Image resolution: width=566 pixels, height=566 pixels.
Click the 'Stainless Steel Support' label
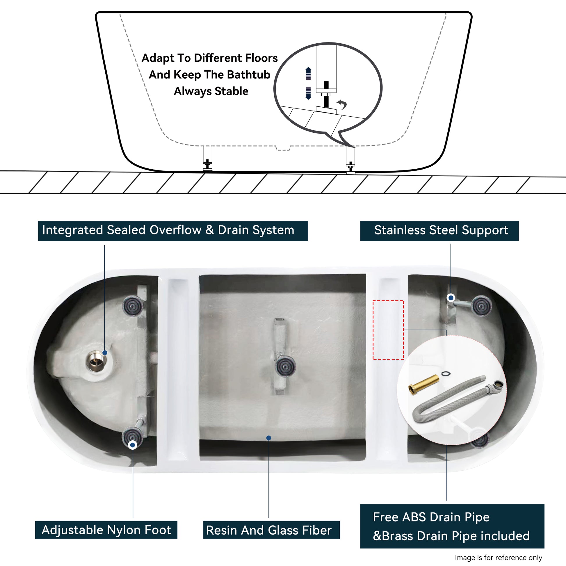[439, 231]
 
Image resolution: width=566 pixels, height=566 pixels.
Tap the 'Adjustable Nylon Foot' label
[106, 530]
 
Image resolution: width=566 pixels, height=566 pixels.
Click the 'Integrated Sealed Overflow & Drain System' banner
[173, 231]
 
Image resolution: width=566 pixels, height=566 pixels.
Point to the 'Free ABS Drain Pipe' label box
[452, 526]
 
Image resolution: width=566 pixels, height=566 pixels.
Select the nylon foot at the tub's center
[285, 366]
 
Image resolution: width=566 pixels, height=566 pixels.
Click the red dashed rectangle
[388, 330]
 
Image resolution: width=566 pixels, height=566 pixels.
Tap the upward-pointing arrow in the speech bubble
[308, 73]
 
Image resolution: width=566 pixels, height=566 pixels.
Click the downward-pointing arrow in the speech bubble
[308, 93]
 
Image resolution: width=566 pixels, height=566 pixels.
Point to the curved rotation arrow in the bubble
[342, 104]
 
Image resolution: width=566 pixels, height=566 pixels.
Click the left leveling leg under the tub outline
[207, 158]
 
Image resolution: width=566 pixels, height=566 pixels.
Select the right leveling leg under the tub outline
[350, 160]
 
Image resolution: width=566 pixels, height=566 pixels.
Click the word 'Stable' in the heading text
[232, 91]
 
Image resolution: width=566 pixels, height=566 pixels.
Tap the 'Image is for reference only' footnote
[498, 557]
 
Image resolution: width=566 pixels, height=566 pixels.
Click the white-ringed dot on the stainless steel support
[451, 298]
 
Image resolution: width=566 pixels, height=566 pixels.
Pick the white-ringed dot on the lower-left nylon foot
[133, 445]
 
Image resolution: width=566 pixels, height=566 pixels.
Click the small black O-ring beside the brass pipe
[446, 373]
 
